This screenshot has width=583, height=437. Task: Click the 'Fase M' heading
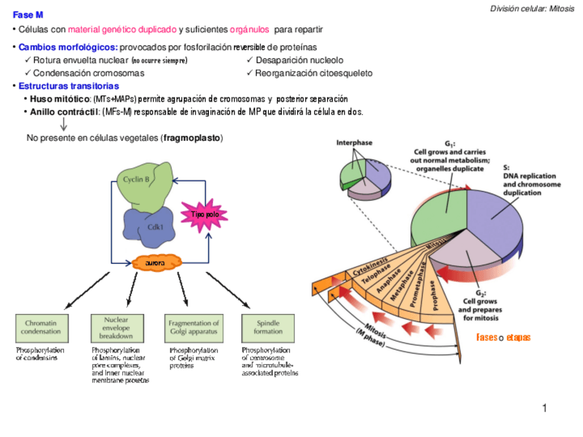[27, 14]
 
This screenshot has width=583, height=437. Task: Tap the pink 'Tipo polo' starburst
[204, 216]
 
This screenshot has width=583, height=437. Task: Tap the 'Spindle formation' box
[267, 328]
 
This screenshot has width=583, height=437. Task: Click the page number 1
[544, 409]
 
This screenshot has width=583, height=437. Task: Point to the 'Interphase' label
[354, 143]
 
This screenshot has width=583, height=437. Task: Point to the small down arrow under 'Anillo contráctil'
[64, 124]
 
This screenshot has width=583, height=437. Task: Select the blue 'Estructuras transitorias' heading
[68, 87]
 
